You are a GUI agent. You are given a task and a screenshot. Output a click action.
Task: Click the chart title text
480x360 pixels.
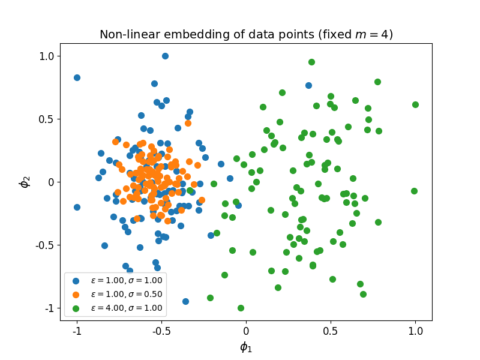[x=246, y=35]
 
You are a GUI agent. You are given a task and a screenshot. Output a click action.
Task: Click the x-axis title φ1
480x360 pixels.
[x=246, y=347]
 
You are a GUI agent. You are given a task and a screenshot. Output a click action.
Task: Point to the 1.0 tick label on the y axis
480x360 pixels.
[x=47, y=56]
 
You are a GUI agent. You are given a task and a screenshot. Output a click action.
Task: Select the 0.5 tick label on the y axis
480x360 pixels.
[x=47, y=119]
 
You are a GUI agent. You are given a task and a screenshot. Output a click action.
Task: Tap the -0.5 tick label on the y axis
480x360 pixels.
[x=46, y=245]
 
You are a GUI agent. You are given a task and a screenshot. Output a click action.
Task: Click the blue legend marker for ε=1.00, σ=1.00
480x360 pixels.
[x=76, y=280]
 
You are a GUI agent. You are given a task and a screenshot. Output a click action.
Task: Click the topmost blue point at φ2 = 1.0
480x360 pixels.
[x=165, y=56]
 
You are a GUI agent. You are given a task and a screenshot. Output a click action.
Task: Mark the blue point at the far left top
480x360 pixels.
[x=77, y=77]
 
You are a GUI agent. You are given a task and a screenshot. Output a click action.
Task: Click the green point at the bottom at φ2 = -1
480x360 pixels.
[x=241, y=308]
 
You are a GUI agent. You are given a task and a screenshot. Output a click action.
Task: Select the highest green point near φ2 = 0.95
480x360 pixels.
[x=311, y=62]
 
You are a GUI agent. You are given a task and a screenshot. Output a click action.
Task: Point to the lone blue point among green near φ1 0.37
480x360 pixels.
[x=308, y=85]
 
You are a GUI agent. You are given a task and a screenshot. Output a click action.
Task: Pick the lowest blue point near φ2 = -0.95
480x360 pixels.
[x=185, y=301]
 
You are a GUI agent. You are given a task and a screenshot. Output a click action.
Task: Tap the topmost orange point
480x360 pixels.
[x=188, y=123]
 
